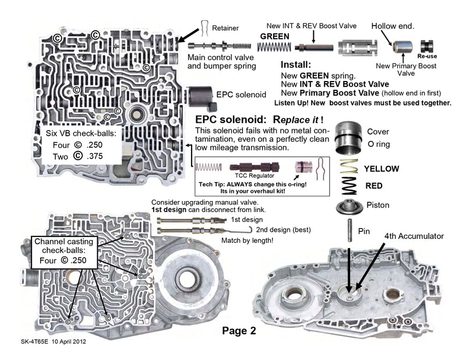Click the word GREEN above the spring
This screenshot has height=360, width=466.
coord(274,37)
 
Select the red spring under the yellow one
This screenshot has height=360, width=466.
coord(348,186)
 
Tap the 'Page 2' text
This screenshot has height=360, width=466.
coord(239,331)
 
